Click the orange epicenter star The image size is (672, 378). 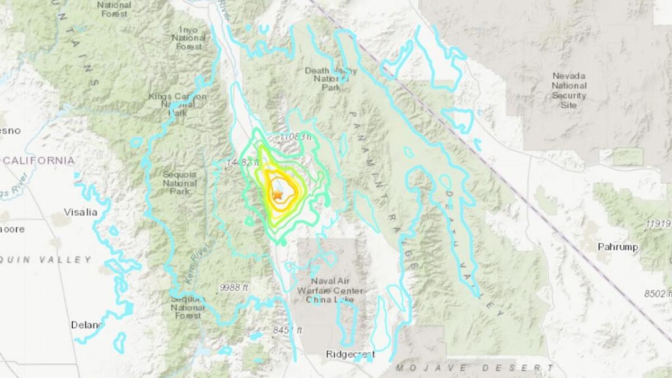pos(277,194)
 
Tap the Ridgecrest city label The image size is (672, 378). pos(351,354)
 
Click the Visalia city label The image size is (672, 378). pos(80,212)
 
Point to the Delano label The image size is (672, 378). pos(87,325)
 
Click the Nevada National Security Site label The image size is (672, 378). pos(569,90)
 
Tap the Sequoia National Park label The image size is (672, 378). pos(180,183)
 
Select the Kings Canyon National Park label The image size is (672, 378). pos(177,105)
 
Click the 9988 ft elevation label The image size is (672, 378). pos(234,287)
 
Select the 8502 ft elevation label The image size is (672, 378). pos(657,293)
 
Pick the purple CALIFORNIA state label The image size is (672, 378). pos(39,161)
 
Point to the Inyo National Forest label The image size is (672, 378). pos(189,38)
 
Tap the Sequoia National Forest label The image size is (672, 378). pos(188,307)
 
